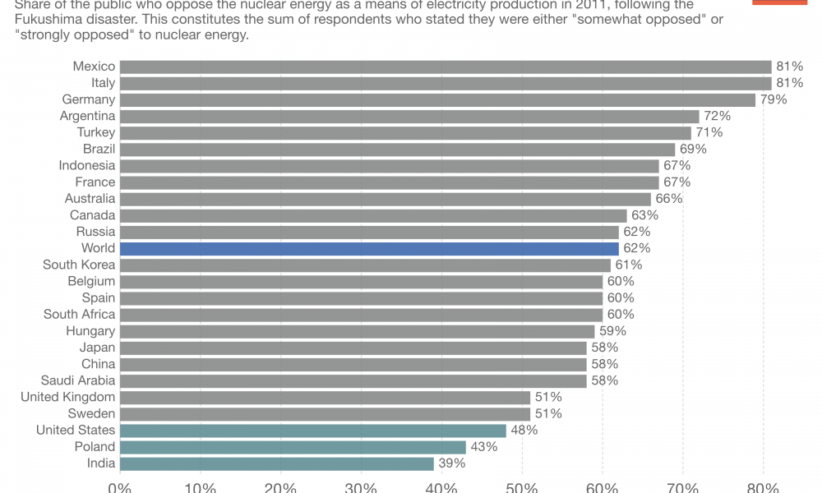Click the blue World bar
pos(368,248)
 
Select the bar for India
pos(276,463)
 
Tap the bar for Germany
pos(437,99)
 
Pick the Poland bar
pos(293,447)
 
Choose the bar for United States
pos(312,431)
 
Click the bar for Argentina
pos(409,116)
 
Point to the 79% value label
pos(774,99)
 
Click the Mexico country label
pos(94,67)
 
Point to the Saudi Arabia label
pos(78,380)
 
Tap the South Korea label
pos(79,265)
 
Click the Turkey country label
pos(96,132)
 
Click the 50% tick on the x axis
pos(522,487)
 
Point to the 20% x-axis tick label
pos(280,487)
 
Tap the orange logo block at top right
pos(779,2)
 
